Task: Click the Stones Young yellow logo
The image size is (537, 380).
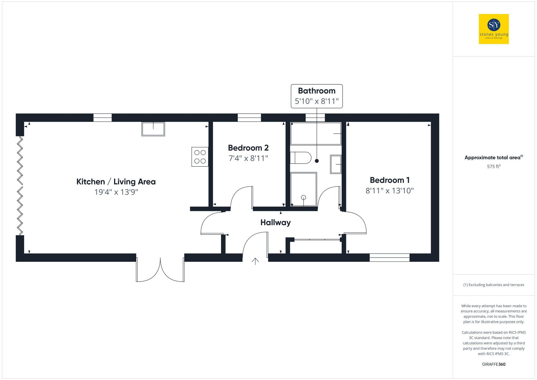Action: click(x=494, y=29)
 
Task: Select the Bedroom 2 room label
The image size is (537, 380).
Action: click(x=248, y=148)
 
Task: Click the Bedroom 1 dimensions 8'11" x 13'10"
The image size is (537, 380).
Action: click(x=389, y=191)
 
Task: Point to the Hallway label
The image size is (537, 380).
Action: click(x=275, y=222)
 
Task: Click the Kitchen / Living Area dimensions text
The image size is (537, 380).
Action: click(x=116, y=192)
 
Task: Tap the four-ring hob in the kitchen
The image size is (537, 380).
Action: click(x=200, y=157)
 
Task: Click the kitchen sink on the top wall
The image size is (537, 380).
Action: click(x=153, y=129)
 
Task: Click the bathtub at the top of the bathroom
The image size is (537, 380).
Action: click(x=316, y=133)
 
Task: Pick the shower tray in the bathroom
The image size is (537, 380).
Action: click(x=303, y=189)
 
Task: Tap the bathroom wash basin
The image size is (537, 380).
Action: click(x=336, y=164)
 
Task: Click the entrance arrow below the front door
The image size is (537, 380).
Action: click(x=255, y=261)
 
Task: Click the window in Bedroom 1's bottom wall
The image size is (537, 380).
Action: click(x=389, y=258)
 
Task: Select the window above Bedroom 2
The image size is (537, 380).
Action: click(x=249, y=118)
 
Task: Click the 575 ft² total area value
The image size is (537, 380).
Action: click(x=494, y=167)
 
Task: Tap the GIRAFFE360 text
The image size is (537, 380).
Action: click(x=494, y=364)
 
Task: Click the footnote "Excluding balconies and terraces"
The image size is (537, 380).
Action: click(x=494, y=285)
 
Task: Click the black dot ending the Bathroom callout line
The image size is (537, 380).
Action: click(x=317, y=161)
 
